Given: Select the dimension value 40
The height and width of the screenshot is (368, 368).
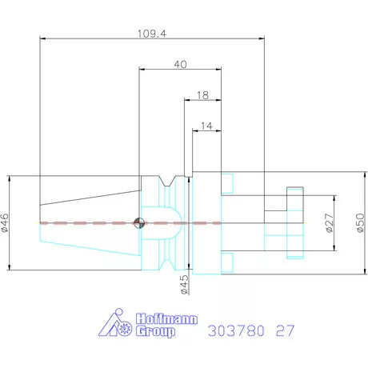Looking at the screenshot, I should [180, 66].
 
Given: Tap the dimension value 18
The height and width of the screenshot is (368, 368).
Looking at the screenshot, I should [202, 95].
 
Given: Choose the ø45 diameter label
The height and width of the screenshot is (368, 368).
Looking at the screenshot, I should [185, 284].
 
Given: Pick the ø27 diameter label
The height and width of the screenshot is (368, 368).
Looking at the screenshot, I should [330, 223].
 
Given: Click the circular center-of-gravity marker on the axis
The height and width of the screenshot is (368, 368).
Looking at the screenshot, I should [140, 222].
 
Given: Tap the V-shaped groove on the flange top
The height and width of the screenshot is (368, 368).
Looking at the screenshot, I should [170, 183].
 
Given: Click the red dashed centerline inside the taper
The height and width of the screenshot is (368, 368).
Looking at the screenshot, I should [88, 222].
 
